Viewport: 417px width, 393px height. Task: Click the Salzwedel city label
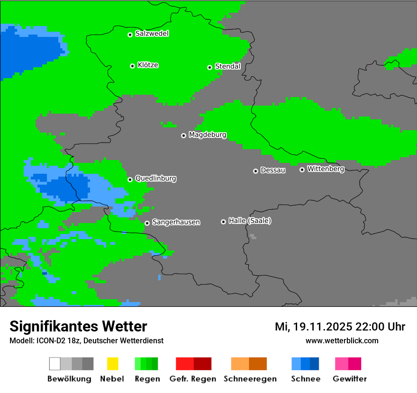[x=152, y=34]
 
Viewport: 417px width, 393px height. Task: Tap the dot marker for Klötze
[x=132, y=66]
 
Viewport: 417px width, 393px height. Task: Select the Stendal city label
[x=227, y=66]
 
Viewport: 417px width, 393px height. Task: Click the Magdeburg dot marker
[x=183, y=135]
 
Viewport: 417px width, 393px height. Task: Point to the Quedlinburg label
[x=155, y=179]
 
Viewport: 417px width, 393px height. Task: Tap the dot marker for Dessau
[x=255, y=171]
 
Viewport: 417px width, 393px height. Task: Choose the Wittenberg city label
[x=326, y=169]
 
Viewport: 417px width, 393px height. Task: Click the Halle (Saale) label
[x=250, y=221]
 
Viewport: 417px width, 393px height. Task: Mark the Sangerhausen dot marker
[x=147, y=223]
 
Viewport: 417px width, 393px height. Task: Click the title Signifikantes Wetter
[x=78, y=327]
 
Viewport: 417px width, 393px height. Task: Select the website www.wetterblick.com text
[x=342, y=340]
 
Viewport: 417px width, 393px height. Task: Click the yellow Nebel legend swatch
[x=112, y=364]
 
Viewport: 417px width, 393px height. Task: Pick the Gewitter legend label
[x=349, y=379]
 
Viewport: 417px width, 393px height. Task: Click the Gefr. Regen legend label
[x=192, y=379]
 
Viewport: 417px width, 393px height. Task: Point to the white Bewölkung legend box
[x=55, y=364]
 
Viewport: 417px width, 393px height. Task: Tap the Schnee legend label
[x=306, y=379]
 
